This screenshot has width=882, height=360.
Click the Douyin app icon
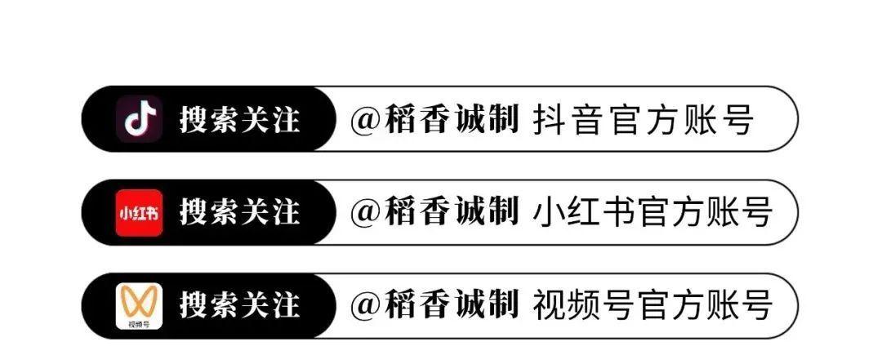coord(140,118)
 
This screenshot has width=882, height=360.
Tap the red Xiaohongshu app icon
coord(140,212)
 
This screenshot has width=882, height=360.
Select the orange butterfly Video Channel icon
coord(140,306)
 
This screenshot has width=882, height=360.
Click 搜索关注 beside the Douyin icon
coord(239,119)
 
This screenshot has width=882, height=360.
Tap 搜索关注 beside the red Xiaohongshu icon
coord(239,213)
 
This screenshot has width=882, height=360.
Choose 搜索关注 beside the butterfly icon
coord(239,307)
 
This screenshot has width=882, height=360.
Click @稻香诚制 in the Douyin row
coord(434,119)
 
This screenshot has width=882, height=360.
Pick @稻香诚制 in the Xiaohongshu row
coord(434,213)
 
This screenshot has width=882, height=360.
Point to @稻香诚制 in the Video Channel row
coord(434,307)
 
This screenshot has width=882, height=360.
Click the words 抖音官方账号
coord(643,119)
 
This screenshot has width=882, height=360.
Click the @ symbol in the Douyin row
coord(367,120)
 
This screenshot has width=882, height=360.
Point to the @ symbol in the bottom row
coord(367,308)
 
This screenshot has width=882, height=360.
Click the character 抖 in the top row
coord(546,119)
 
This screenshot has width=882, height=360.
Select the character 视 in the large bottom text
coord(546,307)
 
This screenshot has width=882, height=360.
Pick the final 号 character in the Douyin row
coord(738,119)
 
